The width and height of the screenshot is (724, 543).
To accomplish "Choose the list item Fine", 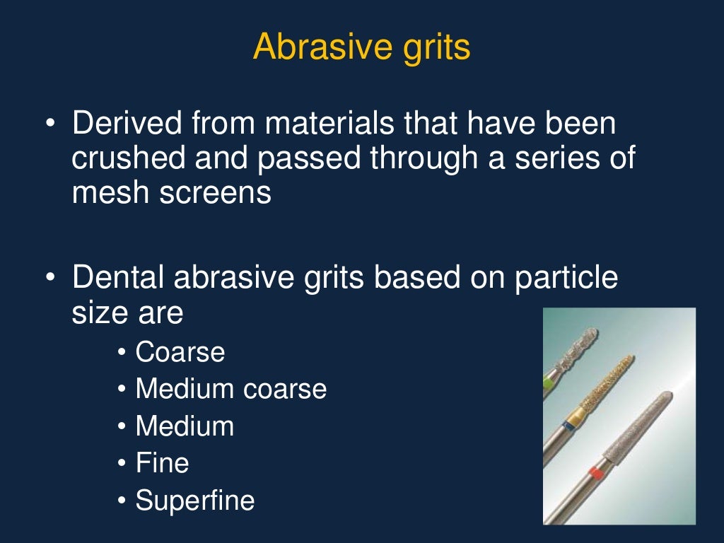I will click(x=162, y=463).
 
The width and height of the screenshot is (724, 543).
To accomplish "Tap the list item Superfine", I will click(x=194, y=501).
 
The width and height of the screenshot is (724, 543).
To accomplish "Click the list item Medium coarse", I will click(x=230, y=389).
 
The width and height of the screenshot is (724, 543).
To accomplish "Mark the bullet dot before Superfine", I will click(x=122, y=501).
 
